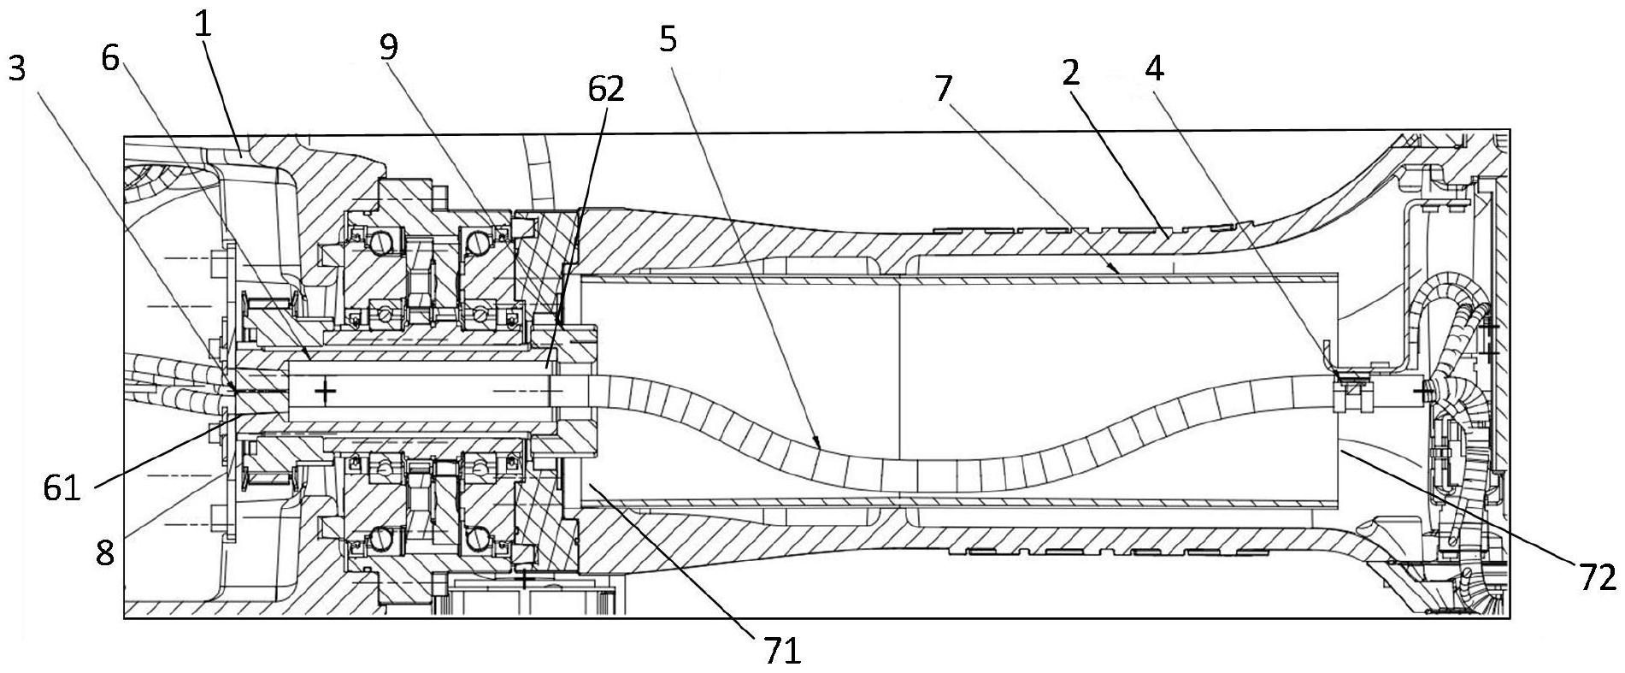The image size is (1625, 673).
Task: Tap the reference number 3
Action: (x=17, y=69)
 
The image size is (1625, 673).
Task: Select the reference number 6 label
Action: (x=110, y=58)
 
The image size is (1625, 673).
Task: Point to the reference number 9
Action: (x=389, y=48)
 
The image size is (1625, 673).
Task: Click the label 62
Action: (x=604, y=88)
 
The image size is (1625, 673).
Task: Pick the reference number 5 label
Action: (x=668, y=39)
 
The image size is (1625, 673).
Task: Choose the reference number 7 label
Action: (x=944, y=87)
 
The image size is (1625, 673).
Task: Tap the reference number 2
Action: (x=1070, y=74)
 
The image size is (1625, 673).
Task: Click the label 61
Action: (x=63, y=490)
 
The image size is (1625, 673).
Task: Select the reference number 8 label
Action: (x=104, y=554)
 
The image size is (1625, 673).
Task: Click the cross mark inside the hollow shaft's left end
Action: (x=325, y=392)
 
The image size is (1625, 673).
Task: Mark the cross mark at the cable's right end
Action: (x=1422, y=392)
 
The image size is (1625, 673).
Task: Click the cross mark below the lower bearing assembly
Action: (x=524, y=581)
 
